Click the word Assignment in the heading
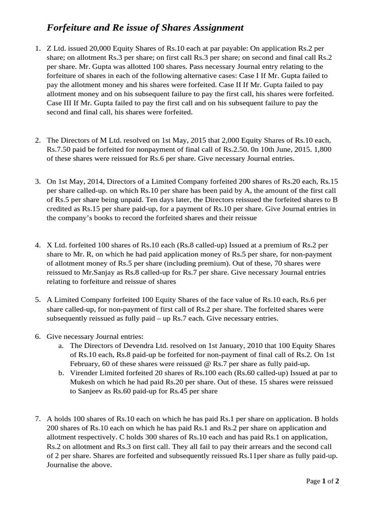click(x=215, y=28)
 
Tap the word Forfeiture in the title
click(x=71, y=28)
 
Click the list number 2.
click(x=38, y=140)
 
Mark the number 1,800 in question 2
click(x=320, y=149)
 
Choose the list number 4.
click(x=38, y=245)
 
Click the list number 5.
click(x=38, y=300)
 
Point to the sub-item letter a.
click(x=61, y=346)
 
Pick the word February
click(x=87, y=364)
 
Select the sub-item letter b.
click(x=61, y=373)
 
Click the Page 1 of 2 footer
click(x=323, y=481)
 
